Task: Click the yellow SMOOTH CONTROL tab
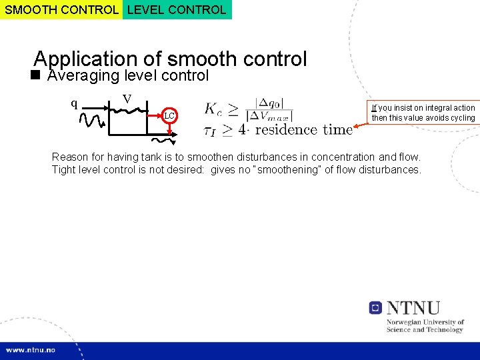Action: click(61, 9)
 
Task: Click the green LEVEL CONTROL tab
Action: click(177, 9)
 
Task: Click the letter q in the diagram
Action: click(75, 103)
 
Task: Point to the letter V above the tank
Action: click(127, 100)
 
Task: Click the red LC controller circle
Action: click(169, 116)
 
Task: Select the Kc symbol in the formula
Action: click(214, 109)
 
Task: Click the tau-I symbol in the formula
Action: click(209, 131)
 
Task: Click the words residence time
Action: click(303, 129)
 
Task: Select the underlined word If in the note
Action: click(374, 107)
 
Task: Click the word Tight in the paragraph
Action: click(64, 169)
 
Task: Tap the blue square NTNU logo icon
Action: click(375, 307)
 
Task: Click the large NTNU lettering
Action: click(413, 307)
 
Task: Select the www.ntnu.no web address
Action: click(31, 350)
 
